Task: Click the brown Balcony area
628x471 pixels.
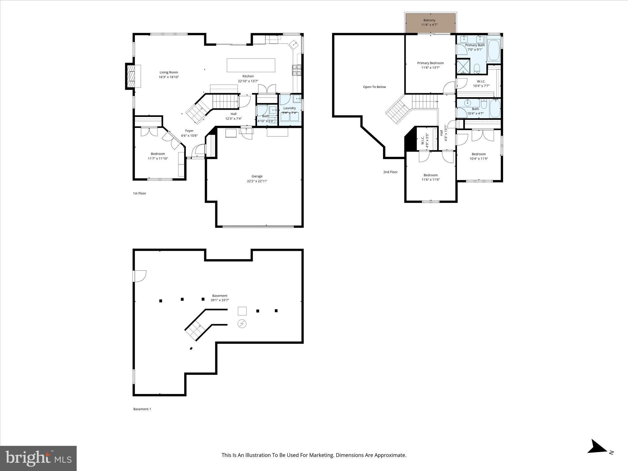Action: click(x=431, y=23)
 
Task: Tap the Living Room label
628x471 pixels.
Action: click(x=169, y=72)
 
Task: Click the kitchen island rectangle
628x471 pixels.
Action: click(x=251, y=65)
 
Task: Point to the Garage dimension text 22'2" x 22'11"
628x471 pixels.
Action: click(x=257, y=181)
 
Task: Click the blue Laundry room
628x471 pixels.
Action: click(x=290, y=113)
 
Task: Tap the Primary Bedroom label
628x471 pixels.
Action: click(x=430, y=63)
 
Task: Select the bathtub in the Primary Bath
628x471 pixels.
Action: click(x=493, y=50)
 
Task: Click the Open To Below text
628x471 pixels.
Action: click(x=374, y=87)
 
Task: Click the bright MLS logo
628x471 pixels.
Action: click(x=38, y=458)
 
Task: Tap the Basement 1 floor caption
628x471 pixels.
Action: click(x=142, y=409)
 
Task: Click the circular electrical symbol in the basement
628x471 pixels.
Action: click(x=242, y=324)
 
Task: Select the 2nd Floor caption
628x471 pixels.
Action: click(x=390, y=172)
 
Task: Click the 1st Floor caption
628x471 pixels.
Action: click(x=140, y=193)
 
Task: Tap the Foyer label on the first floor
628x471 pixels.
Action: click(x=189, y=131)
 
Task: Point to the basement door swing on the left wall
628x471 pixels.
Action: click(x=140, y=276)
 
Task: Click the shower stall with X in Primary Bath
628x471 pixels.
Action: click(x=463, y=67)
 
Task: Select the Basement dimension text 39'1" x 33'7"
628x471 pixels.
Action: click(x=220, y=301)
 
